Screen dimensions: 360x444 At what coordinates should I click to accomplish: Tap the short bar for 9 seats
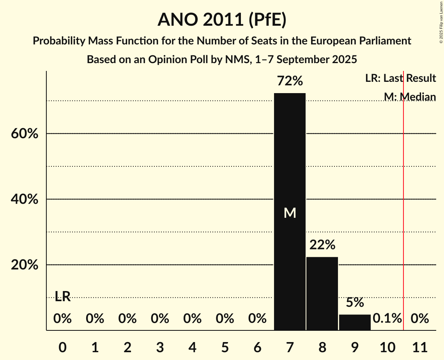pyautogui.click(x=355, y=322)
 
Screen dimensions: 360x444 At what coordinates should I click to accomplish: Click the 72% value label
pyautogui.click(x=290, y=81)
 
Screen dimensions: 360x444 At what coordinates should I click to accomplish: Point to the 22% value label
pyautogui.click(x=322, y=245)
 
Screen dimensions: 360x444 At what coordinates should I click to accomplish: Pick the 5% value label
pyautogui.click(x=355, y=302)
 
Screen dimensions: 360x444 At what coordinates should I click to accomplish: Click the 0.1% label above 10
pyautogui.click(x=387, y=319)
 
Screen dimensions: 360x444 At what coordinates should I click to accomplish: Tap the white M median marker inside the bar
pyautogui.click(x=290, y=213)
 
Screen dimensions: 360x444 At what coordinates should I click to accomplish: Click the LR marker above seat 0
pyautogui.click(x=62, y=296)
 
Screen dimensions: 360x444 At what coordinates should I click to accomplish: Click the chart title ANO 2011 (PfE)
pyautogui.click(x=222, y=20)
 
